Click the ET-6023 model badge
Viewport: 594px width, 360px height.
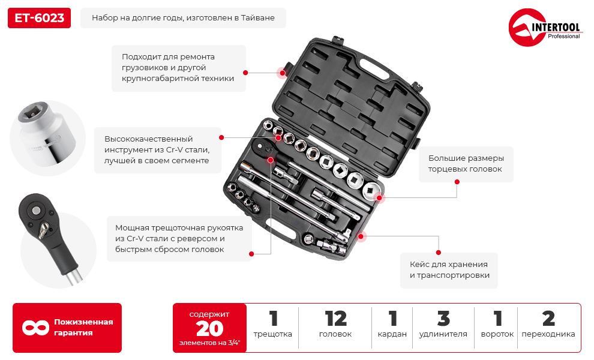click(39, 18)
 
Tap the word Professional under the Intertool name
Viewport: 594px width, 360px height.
click(563, 37)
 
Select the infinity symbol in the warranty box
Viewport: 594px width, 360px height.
click(35, 328)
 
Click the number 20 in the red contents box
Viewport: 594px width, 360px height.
click(209, 328)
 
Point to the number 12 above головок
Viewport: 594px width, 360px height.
click(335, 319)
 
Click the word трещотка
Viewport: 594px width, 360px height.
click(272, 334)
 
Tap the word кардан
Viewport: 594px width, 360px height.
click(393, 334)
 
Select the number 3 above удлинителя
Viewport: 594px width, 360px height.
click(443, 319)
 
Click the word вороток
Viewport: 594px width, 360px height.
click(497, 334)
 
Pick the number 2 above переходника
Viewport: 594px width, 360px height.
click(548, 319)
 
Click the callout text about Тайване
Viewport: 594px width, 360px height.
click(183, 18)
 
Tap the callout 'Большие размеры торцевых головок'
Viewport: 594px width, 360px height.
click(466, 164)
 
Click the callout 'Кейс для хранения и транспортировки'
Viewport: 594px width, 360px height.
click(449, 269)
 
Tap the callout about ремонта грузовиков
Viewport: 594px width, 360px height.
click(178, 67)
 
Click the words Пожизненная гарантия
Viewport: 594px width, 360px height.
click(83, 327)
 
